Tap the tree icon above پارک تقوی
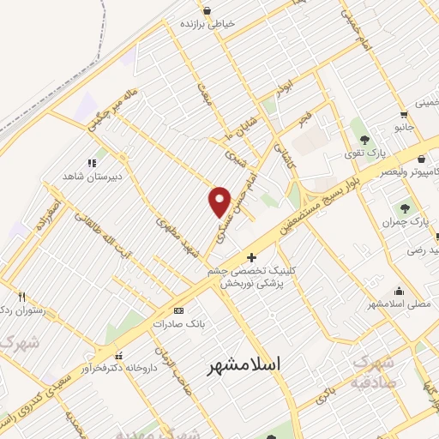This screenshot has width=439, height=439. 365,139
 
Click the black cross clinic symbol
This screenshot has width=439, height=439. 250,256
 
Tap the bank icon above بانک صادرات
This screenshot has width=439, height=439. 178,310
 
